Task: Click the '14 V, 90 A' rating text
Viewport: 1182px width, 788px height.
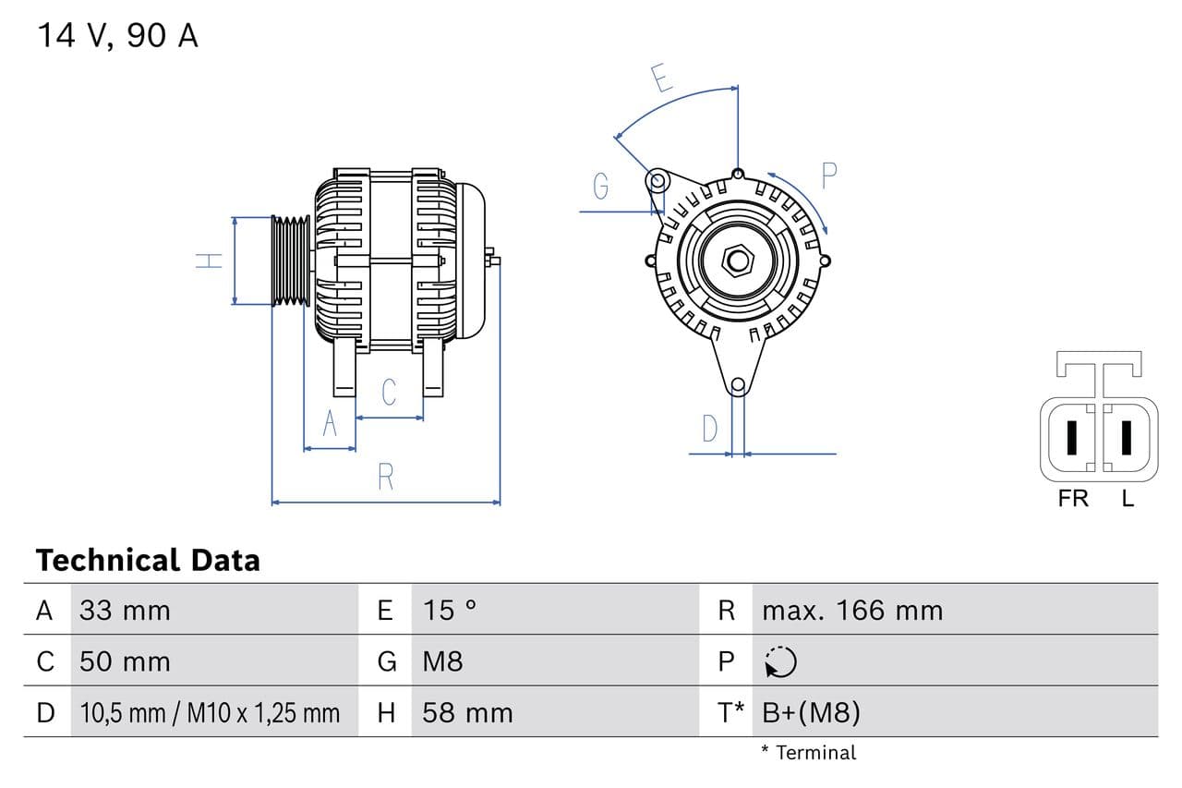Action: click(x=117, y=35)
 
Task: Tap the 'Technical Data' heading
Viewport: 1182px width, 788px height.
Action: click(x=148, y=560)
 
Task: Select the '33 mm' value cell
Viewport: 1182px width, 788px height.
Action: click(x=125, y=610)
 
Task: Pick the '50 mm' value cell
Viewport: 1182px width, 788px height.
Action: click(x=125, y=661)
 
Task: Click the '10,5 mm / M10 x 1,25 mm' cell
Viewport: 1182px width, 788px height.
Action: click(x=210, y=712)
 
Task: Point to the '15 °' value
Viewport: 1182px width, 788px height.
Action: click(x=450, y=610)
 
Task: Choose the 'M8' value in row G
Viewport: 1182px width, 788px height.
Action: click(x=442, y=661)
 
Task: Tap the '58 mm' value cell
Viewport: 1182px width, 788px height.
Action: click(x=467, y=712)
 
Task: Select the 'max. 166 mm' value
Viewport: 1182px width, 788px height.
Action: click(x=852, y=610)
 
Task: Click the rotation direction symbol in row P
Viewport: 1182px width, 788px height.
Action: click(x=780, y=661)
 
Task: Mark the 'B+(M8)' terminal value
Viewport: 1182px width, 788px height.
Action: click(x=811, y=712)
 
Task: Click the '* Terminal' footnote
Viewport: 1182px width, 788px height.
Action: click(x=808, y=752)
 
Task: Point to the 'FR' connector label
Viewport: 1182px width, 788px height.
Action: click(x=1073, y=499)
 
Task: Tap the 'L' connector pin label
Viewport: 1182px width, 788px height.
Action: click(x=1128, y=499)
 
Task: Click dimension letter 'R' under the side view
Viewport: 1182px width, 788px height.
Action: click(x=386, y=477)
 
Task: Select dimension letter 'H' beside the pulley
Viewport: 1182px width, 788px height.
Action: click(x=211, y=261)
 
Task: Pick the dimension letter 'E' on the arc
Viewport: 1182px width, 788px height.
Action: click(x=661, y=79)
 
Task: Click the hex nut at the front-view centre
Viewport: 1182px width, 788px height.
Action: click(x=738, y=260)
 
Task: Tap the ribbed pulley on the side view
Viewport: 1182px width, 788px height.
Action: click(x=291, y=260)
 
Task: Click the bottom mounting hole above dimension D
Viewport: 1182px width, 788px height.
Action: click(x=738, y=385)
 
